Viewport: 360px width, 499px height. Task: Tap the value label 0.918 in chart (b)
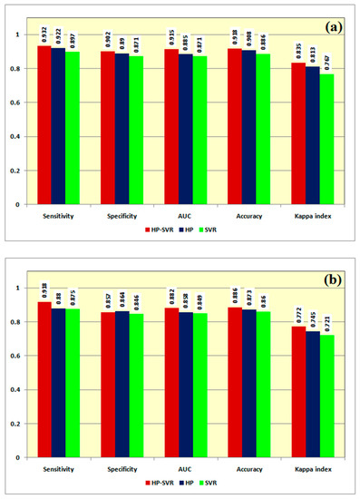pos(45,290)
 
